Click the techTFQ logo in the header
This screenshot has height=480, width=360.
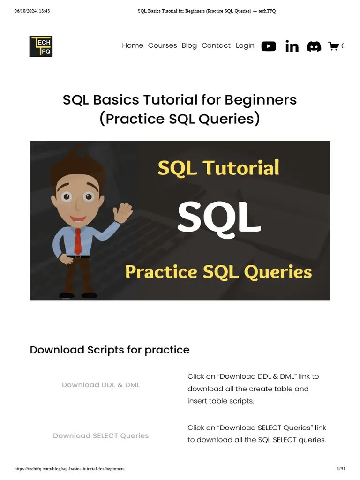pyautogui.click(x=41, y=46)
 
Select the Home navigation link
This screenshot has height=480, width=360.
pyautogui.click(x=133, y=45)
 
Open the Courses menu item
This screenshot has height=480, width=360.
pyautogui.click(x=162, y=45)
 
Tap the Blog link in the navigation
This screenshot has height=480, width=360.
pyautogui.click(x=189, y=45)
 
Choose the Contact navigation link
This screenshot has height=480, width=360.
pyautogui.click(x=216, y=45)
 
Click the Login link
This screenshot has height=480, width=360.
pyautogui.click(x=245, y=45)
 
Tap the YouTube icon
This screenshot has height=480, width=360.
pyautogui.click(x=269, y=46)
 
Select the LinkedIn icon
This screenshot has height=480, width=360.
pyautogui.click(x=292, y=46)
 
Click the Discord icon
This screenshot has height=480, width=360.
pyautogui.click(x=314, y=46)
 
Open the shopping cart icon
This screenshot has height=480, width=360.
pyautogui.click(x=333, y=46)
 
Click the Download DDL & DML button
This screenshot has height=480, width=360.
pyautogui.click(x=101, y=385)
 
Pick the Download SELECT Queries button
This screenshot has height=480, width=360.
pyautogui.click(x=101, y=435)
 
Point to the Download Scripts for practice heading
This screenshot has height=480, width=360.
pyautogui.click(x=110, y=350)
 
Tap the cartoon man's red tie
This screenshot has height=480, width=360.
pyautogui.click(x=78, y=241)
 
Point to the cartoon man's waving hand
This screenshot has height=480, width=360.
pyautogui.click(x=122, y=212)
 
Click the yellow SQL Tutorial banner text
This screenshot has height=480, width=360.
pyautogui.click(x=218, y=168)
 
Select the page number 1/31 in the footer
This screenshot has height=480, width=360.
pyautogui.click(x=341, y=469)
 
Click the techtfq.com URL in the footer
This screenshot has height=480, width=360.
pyautogui.click(x=69, y=469)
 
